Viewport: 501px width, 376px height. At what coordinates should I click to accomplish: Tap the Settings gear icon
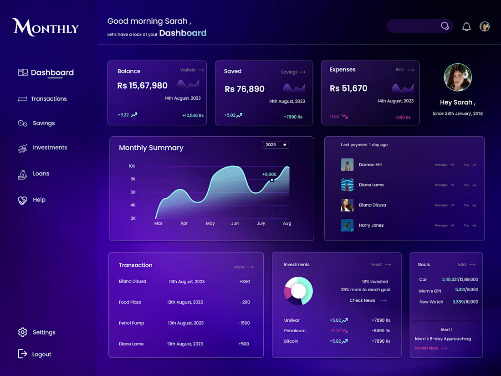pos(22,332)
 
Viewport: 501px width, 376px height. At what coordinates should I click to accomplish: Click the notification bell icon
pos(466,26)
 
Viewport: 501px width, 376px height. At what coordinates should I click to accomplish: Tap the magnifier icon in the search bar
pos(445,26)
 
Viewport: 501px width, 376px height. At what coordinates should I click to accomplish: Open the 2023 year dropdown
pos(275,145)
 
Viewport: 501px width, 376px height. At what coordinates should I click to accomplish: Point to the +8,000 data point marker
pos(272,180)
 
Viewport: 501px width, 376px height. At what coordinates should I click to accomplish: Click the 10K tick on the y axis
pos(132,166)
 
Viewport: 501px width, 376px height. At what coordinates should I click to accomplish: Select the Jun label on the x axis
pos(235,223)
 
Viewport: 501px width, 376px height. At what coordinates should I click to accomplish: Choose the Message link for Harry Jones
pos(444,225)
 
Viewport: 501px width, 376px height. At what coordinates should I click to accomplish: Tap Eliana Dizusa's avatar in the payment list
pos(347,205)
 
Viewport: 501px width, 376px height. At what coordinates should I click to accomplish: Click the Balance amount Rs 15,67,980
pos(142,86)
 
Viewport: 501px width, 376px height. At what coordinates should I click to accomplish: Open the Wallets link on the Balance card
pos(192,70)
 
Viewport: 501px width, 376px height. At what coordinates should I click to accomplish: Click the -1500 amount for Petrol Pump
pos(244,323)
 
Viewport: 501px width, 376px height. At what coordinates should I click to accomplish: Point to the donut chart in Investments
pos(298,291)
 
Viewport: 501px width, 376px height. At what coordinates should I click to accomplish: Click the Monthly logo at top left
pos(46,27)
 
